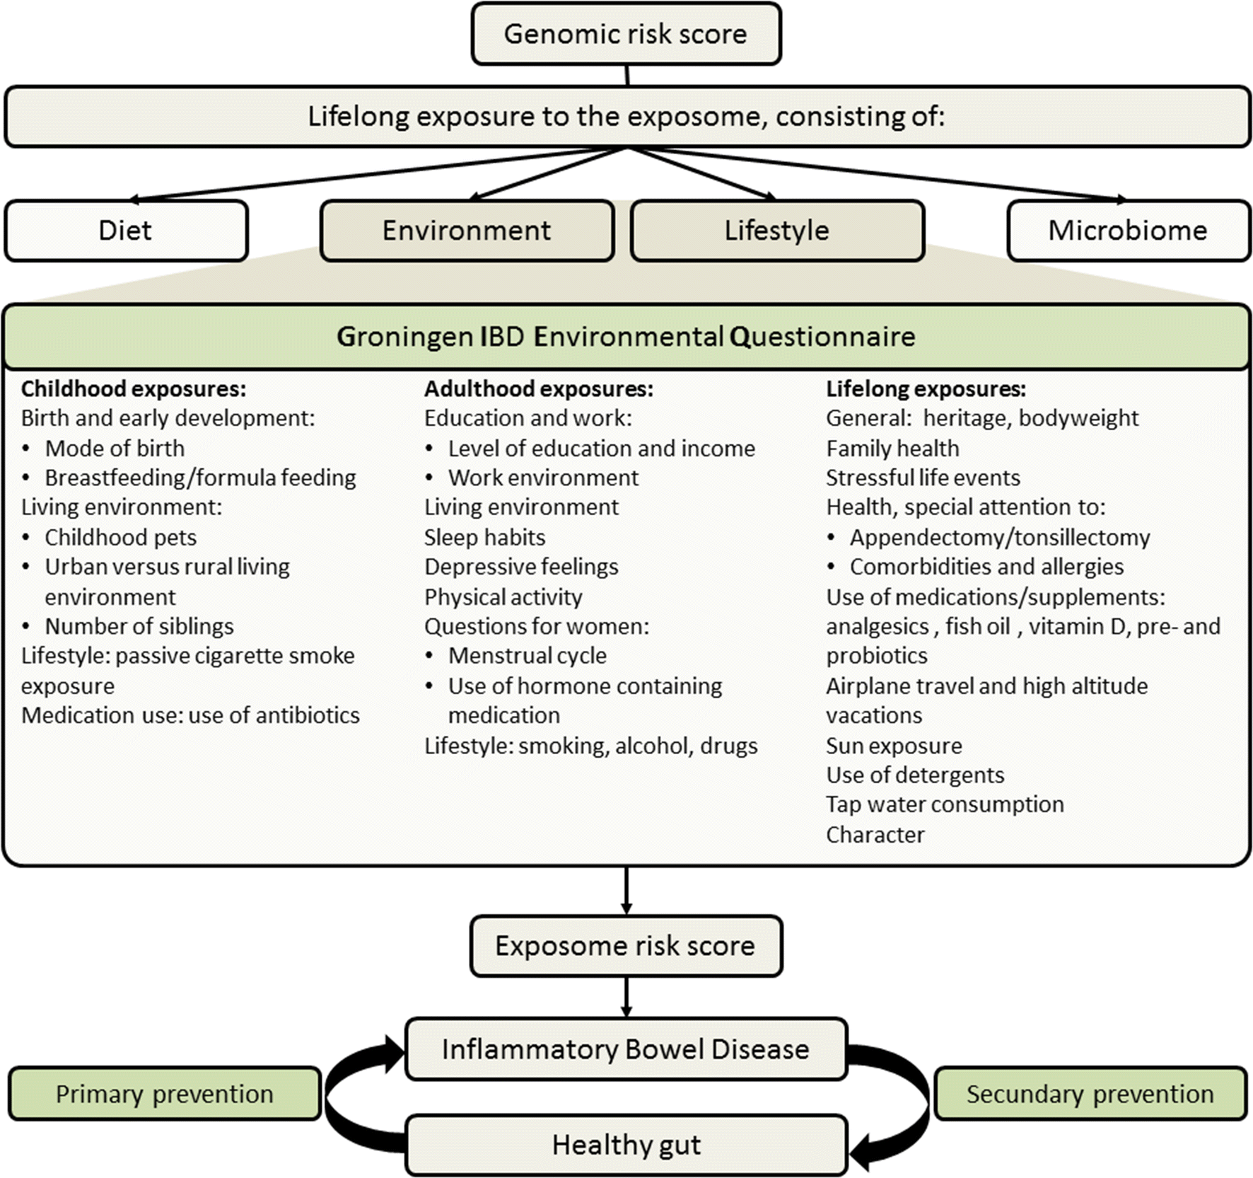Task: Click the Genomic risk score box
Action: tap(626, 34)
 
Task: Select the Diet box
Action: tap(126, 231)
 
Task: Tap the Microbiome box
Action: tap(1129, 231)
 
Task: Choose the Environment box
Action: tap(467, 231)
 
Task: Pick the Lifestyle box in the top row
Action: tap(776, 231)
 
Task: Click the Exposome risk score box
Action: tap(626, 946)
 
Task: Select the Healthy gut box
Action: tap(626, 1145)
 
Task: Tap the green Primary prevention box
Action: tap(164, 1094)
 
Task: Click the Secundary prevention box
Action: tap(1090, 1094)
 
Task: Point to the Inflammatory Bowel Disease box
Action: tap(626, 1049)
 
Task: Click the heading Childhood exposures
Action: tap(134, 388)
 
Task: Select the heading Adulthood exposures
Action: tap(539, 388)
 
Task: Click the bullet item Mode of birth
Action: tap(115, 449)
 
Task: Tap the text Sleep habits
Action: tap(485, 538)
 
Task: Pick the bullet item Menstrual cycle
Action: tap(528, 656)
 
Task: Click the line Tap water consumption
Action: tap(945, 804)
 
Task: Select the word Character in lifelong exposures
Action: tap(875, 835)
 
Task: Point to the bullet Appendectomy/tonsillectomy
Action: tap(1000, 538)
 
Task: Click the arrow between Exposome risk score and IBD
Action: tap(626, 997)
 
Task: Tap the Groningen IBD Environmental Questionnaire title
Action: tap(626, 337)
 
